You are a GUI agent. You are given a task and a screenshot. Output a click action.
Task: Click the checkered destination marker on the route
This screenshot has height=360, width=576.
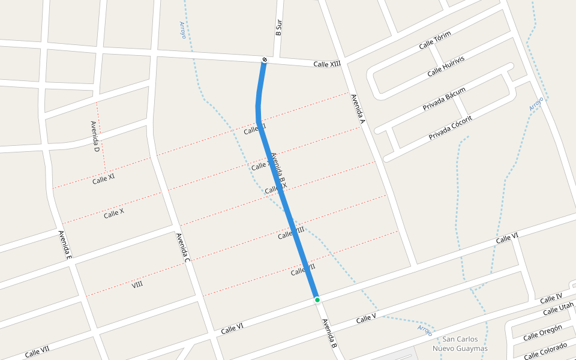point(265,59)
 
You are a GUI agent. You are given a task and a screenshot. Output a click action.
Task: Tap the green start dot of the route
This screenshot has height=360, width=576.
point(317,299)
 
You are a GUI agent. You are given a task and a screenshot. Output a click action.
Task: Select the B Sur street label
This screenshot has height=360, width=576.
point(278,28)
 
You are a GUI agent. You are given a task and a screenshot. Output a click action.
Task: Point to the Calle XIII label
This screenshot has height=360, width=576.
point(327,64)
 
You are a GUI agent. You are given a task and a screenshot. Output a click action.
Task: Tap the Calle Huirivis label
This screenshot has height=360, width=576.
point(446,66)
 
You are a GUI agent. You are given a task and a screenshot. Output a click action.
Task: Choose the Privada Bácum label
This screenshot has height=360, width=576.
point(444,99)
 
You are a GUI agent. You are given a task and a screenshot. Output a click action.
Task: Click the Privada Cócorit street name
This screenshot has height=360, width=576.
point(450,128)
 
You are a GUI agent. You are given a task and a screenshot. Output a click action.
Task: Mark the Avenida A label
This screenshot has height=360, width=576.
point(358,109)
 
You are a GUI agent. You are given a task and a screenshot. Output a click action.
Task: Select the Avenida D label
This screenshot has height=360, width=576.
point(95,136)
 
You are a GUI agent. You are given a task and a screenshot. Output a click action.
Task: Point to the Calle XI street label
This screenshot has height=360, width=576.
point(103,179)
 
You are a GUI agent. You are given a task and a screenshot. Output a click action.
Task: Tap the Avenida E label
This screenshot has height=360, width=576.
point(65,245)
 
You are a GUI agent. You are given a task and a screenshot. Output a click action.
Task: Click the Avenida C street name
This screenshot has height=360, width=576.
point(183,248)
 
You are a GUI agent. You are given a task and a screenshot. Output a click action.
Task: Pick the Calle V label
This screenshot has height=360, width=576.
point(366,318)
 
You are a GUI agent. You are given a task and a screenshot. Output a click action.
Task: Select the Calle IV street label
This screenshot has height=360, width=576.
point(551,298)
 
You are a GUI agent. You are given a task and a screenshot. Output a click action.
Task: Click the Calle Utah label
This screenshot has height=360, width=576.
point(558,310)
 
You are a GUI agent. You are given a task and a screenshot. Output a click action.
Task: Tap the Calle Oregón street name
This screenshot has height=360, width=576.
point(542,332)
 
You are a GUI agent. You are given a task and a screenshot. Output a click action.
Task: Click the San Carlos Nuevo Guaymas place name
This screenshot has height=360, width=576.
point(460,344)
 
